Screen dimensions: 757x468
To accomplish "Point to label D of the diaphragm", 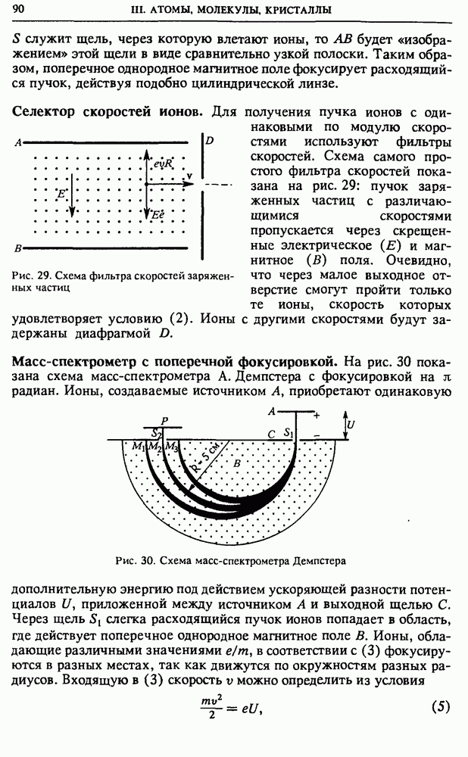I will click(x=209, y=142).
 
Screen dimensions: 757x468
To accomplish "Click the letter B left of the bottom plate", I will click(x=17, y=248).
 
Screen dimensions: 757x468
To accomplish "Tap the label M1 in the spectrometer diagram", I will click(x=137, y=447).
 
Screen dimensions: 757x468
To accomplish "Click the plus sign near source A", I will click(x=317, y=415).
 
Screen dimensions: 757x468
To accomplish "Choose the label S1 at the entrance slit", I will click(x=288, y=433).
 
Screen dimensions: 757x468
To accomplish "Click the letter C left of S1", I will click(x=271, y=434).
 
